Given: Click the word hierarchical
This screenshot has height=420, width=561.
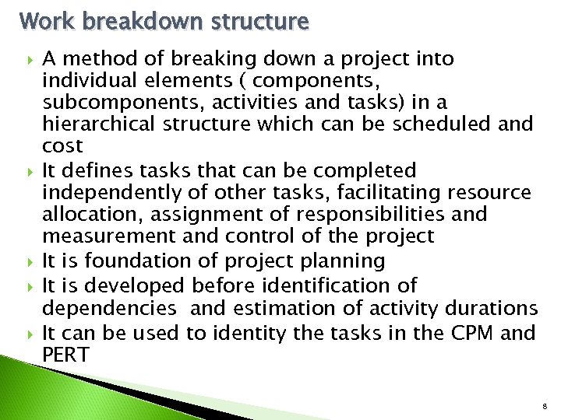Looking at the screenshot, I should click(102, 124).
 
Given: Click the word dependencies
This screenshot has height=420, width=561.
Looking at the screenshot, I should click(112, 309).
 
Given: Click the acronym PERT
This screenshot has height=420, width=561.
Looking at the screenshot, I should click(66, 355).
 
